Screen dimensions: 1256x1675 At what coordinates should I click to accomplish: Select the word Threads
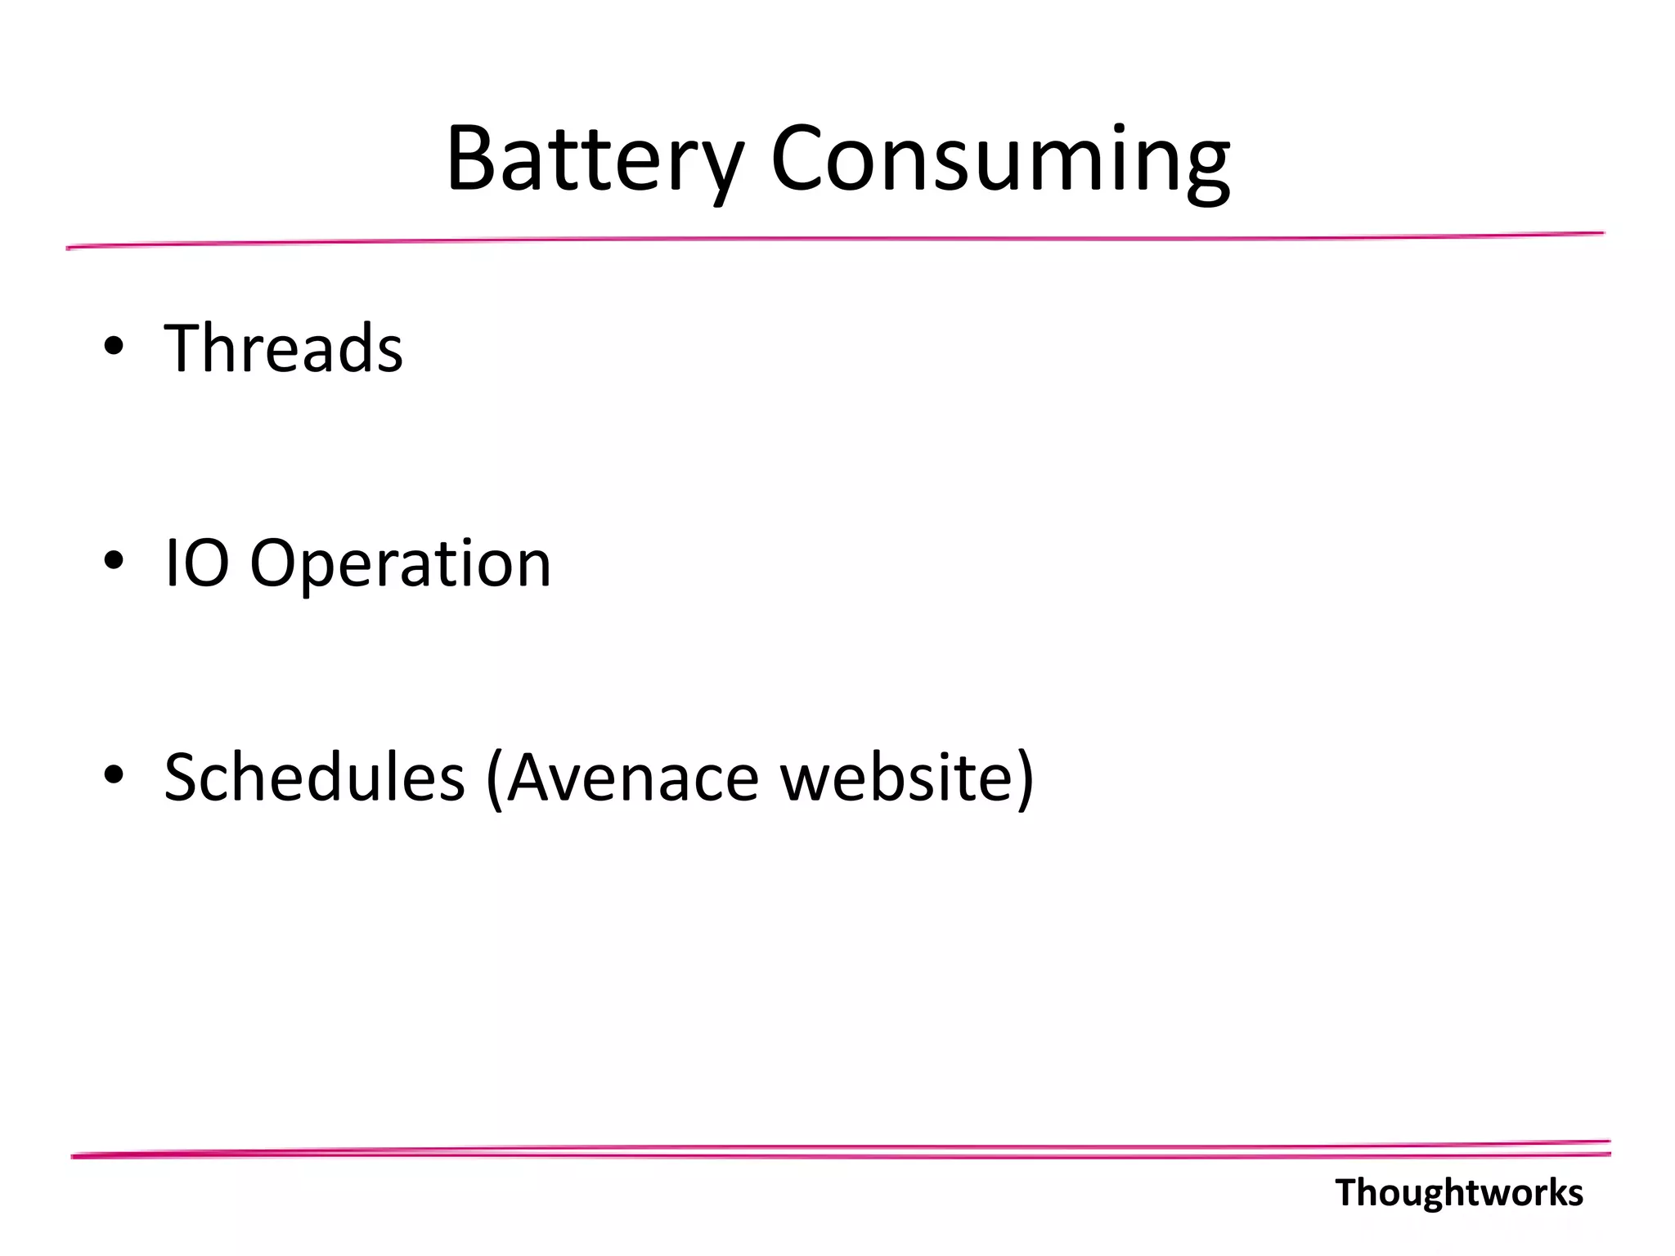coord(283,348)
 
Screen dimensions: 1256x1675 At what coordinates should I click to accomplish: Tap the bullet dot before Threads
coord(114,346)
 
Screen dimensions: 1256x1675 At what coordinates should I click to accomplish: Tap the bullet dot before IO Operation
coord(114,561)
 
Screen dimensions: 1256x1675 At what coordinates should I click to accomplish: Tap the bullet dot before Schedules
coord(114,774)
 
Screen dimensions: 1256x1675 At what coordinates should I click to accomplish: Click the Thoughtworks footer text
coord(1458,1193)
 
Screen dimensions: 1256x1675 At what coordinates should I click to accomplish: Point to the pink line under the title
coord(834,240)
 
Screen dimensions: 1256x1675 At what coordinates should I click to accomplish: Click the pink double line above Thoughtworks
coord(841,1151)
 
